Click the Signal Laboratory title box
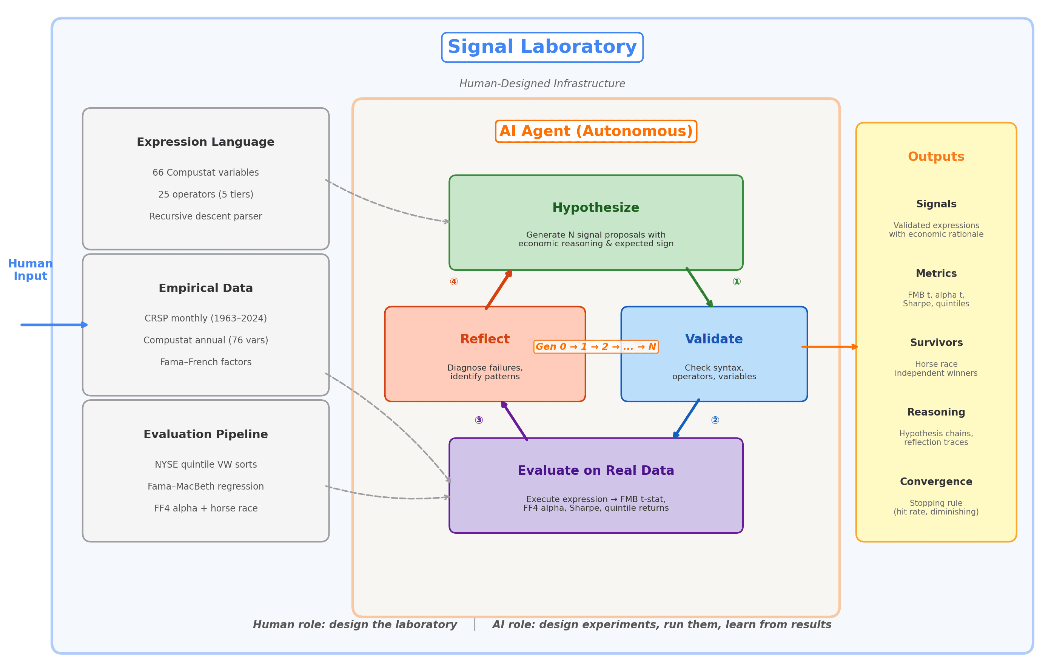click(542, 47)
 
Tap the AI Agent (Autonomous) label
click(596, 131)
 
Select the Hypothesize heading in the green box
click(596, 208)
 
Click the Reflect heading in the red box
click(484, 339)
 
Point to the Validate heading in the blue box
click(714, 339)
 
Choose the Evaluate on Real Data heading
click(596, 471)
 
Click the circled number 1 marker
click(736, 282)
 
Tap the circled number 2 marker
click(715, 420)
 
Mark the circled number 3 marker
click(479, 420)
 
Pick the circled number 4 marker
click(454, 282)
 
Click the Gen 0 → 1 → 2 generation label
click(596, 347)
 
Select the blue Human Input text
click(30, 270)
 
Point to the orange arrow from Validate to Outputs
click(829, 347)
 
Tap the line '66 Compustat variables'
click(206, 173)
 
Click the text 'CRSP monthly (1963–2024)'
click(206, 319)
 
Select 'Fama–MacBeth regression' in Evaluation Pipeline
click(206, 487)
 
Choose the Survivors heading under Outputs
click(936, 343)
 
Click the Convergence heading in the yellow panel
click(936, 482)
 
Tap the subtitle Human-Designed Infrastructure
click(542, 84)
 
